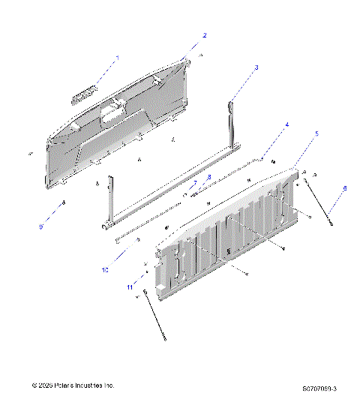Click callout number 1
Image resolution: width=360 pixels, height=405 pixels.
[x=116, y=58]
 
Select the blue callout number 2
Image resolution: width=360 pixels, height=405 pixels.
[x=205, y=35]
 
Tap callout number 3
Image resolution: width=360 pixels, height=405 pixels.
[x=256, y=67]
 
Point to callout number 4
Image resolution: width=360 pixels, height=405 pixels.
[x=286, y=124]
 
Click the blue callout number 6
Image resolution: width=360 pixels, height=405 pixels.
[x=345, y=188]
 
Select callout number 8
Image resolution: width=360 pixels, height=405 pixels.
[x=209, y=177]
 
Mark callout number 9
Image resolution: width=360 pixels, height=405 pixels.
[x=41, y=226]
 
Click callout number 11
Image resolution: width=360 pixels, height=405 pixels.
[x=130, y=287]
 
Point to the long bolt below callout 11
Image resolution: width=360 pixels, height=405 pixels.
[x=154, y=319]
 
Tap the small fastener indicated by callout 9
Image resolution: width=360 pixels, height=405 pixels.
[x=64, y=202]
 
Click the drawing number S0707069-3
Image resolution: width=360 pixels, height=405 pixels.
[x=319, y=388]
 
